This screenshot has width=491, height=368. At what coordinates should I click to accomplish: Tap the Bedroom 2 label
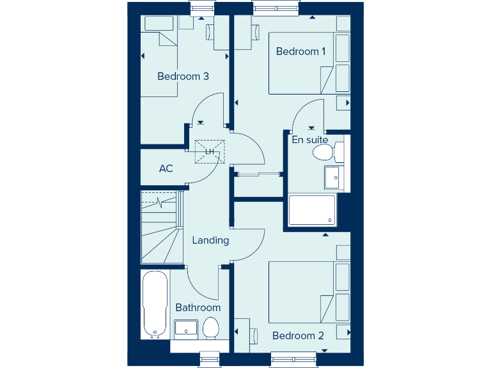(298, 335)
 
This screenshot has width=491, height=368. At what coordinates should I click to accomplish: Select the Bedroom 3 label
(183, 76)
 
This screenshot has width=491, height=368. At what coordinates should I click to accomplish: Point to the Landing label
(210, 240)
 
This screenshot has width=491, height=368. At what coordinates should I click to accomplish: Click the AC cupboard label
(166, 169)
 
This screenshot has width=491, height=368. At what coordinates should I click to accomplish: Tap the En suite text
(310, 140)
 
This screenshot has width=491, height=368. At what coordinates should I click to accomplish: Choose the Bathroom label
(198, 307)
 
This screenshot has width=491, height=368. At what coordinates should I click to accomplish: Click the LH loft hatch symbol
(210, 151)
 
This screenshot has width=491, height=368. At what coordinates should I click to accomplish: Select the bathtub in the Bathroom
(155, 304)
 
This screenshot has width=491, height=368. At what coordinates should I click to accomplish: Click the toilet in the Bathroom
(211, 328)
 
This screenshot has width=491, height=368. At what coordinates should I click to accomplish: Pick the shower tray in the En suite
(312, 210)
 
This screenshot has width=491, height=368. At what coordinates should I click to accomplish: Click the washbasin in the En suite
(333, 177)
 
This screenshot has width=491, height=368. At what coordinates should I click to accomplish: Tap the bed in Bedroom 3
(159, 64)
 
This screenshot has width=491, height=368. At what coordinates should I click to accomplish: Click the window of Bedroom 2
(293, 359)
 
